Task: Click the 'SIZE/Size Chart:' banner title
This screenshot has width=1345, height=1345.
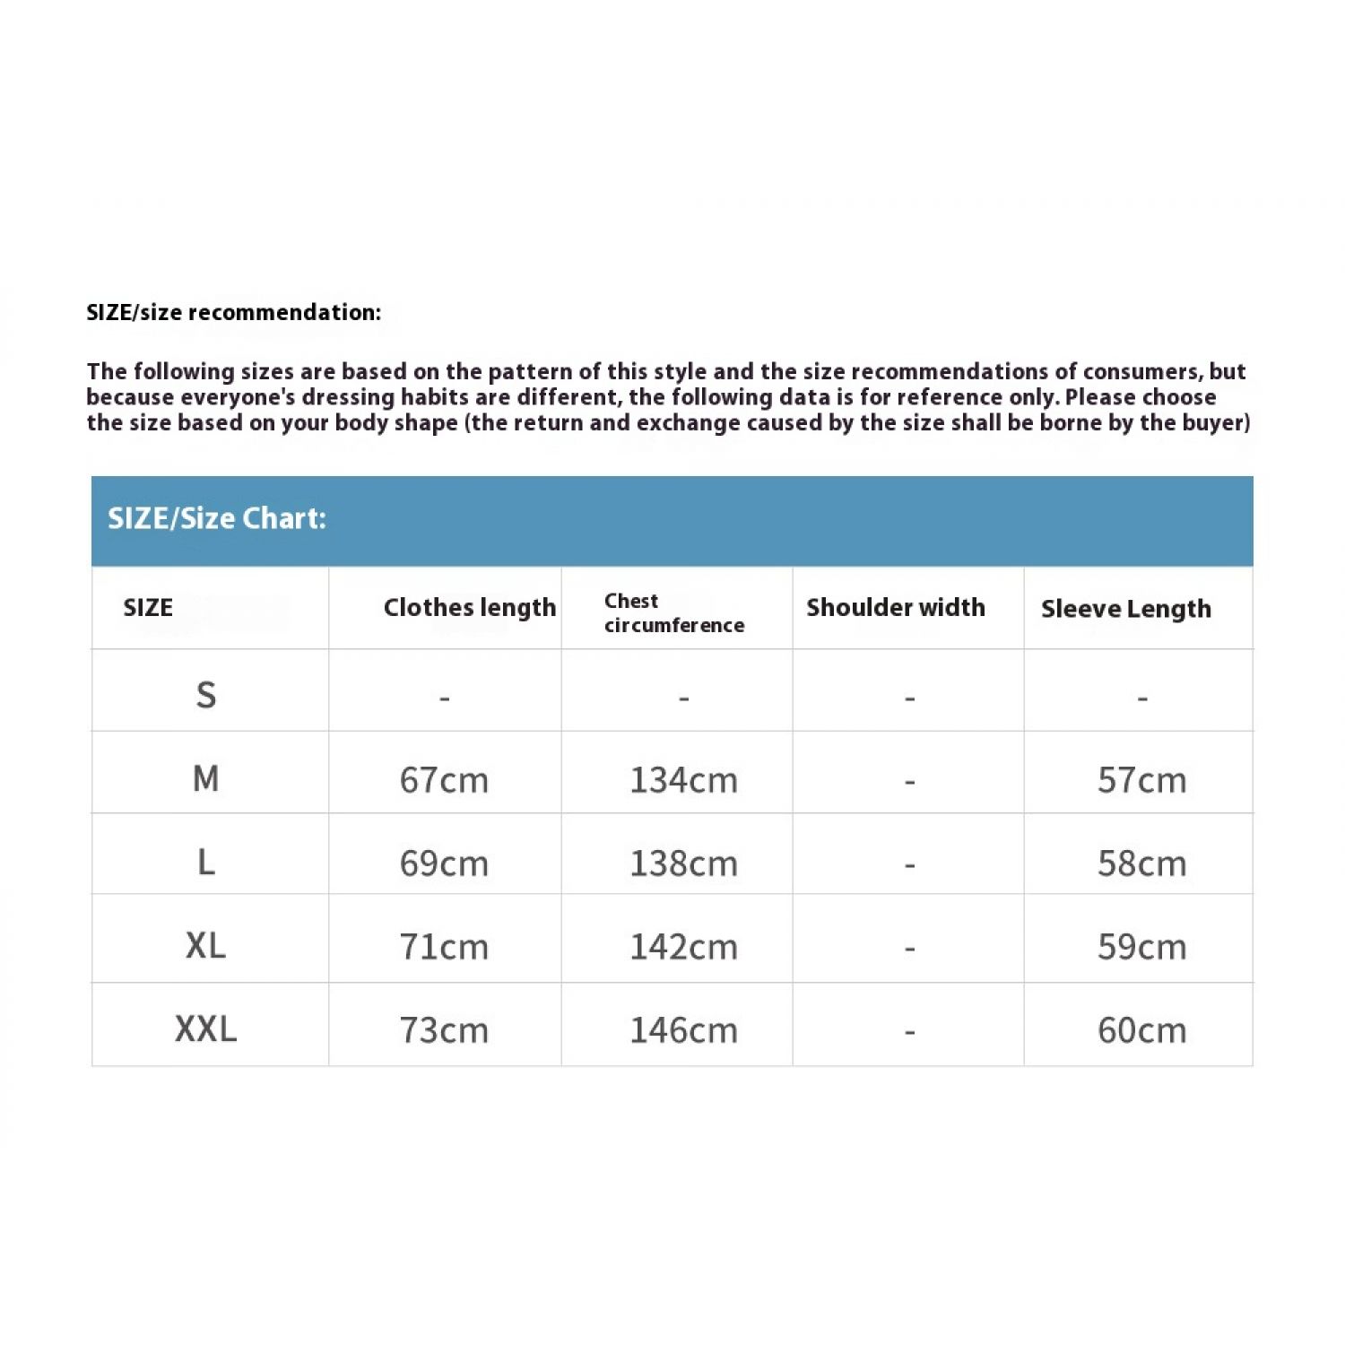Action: coord(217,518)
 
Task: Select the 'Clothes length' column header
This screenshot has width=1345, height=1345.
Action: coord(469,608)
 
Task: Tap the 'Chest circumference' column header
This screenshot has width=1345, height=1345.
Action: coord(674,613)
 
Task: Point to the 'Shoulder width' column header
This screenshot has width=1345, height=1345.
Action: coord(895,608)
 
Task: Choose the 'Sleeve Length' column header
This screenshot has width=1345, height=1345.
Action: coord(1125,609)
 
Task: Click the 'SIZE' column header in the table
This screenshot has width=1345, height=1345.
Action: coord(148,608)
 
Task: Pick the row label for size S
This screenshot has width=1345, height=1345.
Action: coord(206,695)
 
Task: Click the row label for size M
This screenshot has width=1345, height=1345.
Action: coord(206,778)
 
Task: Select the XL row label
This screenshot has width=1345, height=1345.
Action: coord(206,945)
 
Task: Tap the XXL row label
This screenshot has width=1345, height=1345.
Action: coord(206,1028)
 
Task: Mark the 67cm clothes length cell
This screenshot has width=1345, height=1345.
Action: coord(444,780)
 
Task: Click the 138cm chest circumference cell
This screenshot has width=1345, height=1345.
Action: coord(683,863)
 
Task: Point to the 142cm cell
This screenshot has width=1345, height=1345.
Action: coord(683,947)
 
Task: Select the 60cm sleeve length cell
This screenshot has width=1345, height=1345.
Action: coord(1141,1030)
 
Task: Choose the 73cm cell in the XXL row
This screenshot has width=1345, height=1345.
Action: coord(444,1030)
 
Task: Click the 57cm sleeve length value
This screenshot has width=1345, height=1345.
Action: coord(1141,780)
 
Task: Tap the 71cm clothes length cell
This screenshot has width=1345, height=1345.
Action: coord(444,947)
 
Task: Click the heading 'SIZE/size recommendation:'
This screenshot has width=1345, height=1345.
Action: coord(233,312)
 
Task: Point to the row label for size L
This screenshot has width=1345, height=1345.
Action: coord(206,862)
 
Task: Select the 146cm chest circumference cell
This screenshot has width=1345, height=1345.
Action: coord(683,1030)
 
